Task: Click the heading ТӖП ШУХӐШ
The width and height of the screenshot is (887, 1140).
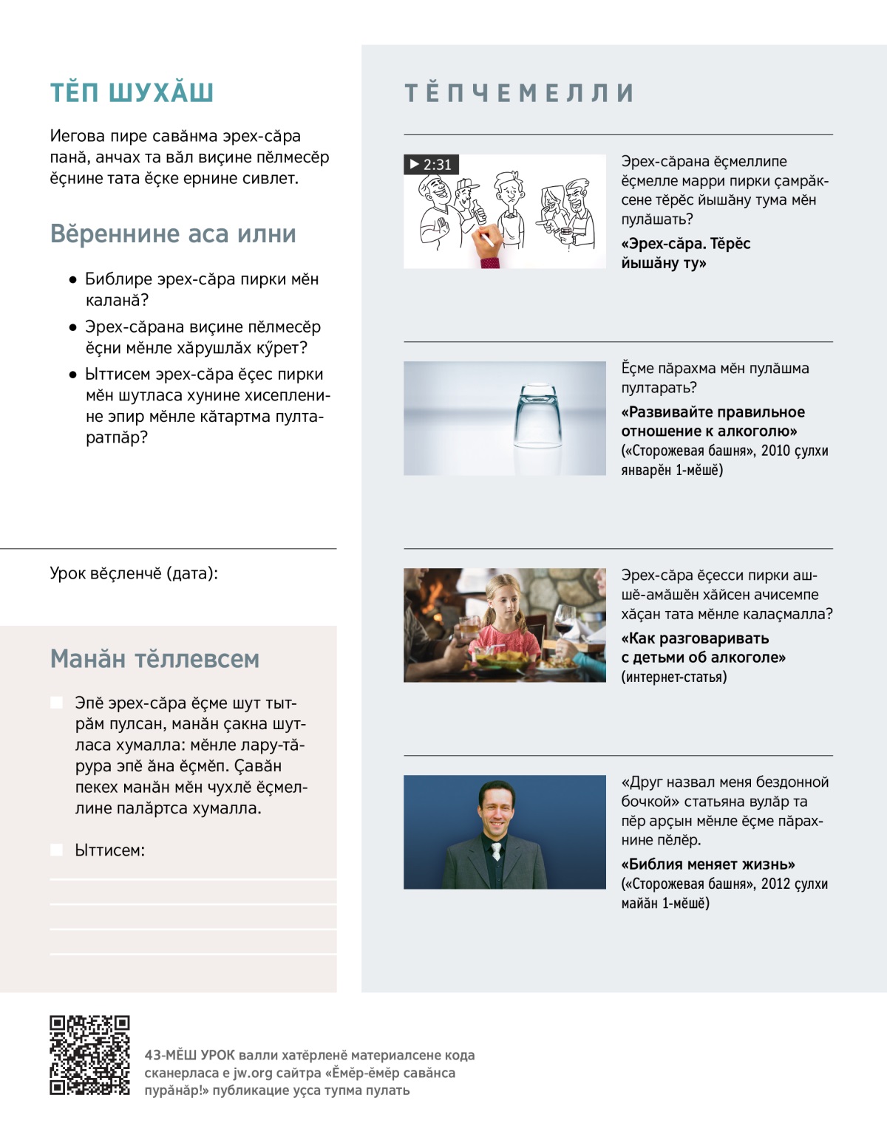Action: click(x=132, y=93)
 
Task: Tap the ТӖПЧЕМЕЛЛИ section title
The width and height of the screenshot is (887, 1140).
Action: click(x=519, y=93)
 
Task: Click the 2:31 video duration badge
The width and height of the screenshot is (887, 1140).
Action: click(x=431, y=165)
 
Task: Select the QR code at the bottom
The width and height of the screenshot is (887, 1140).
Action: click(x=89, y=1055)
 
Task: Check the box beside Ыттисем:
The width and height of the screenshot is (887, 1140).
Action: click(x=56, y=850)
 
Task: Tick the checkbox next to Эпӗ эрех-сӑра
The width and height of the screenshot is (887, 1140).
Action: click(x=56, y=703)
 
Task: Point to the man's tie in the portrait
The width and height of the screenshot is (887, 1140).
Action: click(x=496, y=850)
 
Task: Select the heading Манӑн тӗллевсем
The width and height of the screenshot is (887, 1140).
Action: click(x=154, y=659)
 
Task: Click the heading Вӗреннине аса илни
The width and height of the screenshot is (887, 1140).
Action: click(x=173, y=234)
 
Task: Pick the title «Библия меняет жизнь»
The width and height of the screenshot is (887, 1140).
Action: click(x=708, y=864)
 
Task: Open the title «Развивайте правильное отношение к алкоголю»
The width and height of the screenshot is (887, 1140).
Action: click(x=713, y=422)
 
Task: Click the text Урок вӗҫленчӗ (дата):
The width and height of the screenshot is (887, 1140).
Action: click(x=134, y=573)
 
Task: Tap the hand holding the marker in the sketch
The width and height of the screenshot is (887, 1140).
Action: click(x=489, y=251)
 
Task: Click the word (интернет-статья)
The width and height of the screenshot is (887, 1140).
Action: click(x=673, y=677)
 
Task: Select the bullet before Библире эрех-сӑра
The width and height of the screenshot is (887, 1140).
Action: click(x=72, y=280)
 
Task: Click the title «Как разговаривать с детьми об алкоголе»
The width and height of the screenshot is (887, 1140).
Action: click(x=702, y=648)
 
